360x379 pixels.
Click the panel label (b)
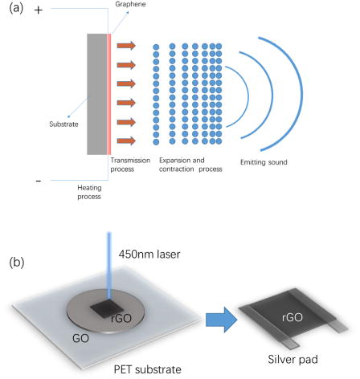(14, 262)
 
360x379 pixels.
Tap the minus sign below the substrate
(39, 181)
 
